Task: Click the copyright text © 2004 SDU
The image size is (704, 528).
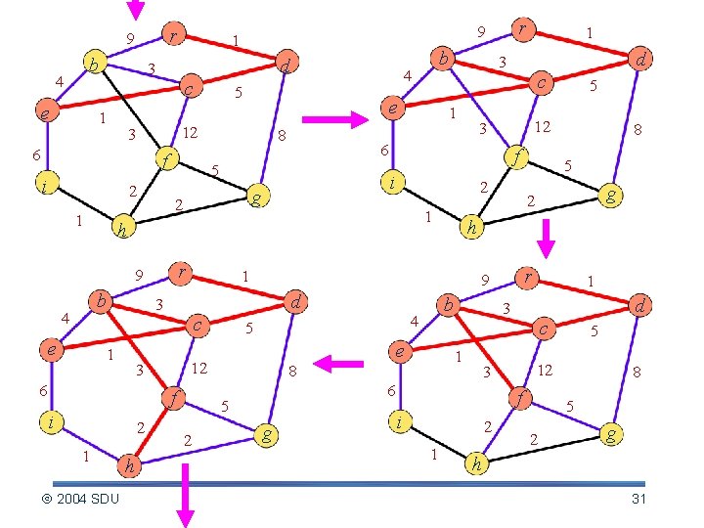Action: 80,500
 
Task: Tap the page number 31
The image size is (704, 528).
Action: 639,500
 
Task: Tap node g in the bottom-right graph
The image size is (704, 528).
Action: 611,432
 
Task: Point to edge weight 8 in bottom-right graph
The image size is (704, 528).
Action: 637,372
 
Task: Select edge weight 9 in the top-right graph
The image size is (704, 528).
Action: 481,33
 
